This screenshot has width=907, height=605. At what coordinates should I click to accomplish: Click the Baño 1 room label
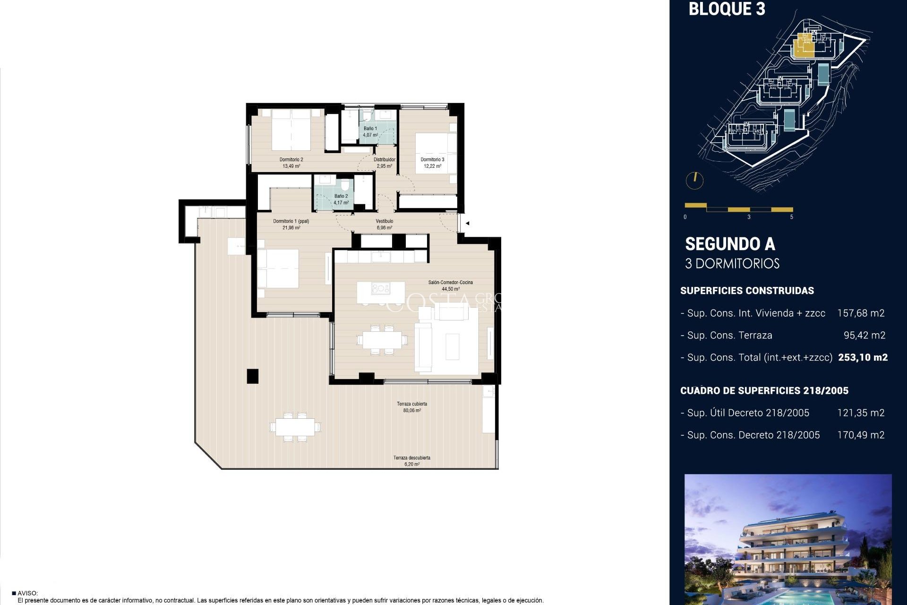coord(370,129)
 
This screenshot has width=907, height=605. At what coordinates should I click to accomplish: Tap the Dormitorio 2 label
coord(291,160)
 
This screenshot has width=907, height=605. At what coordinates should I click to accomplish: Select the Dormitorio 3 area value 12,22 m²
coord(432,166)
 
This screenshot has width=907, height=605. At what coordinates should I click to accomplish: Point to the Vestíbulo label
coord(384,221)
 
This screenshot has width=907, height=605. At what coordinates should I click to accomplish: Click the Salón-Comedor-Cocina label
coord(450,283)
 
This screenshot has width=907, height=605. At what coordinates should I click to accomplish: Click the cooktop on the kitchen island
coord(380,288)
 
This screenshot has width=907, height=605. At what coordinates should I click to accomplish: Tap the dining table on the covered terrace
coord(295,427)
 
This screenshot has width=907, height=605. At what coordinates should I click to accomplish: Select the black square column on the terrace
coord(253,376)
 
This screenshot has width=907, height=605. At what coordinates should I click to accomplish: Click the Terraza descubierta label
coord(411,458)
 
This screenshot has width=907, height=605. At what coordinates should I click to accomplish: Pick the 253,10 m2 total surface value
coord(863,358)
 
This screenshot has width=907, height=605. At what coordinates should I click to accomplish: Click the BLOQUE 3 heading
coord(727,9)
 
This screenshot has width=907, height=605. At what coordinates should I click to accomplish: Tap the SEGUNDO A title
coord(730,244)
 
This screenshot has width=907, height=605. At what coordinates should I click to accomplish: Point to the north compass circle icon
coord(694,180)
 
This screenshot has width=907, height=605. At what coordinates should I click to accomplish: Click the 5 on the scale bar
coord(792,217)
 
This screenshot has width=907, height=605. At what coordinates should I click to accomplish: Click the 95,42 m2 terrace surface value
coord(864,336)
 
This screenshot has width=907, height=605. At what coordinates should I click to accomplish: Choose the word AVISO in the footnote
coord(27,593)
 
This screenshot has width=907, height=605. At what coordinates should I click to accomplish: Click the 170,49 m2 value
coord(860,435)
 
